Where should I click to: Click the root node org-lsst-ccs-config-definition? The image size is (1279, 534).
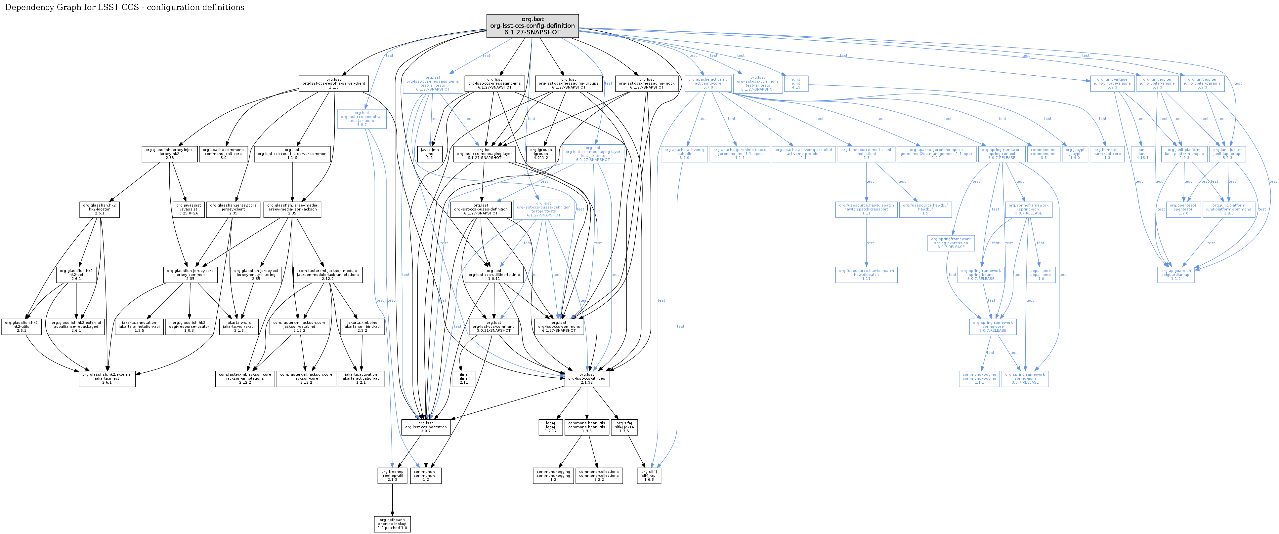point(532,26)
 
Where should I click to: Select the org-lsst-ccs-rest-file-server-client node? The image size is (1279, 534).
point(334,83)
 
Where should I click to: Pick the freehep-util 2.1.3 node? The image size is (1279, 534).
point(392,476)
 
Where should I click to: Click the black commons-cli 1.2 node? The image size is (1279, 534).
point(425,476)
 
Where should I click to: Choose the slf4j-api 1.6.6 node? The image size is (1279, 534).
point(649,476)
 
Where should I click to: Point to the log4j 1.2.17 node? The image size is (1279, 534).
point(551,427)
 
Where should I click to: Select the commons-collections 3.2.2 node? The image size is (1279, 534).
point(599,476)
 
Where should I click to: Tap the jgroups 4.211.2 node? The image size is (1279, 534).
point(541,154)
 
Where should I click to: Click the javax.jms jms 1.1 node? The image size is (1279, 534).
point(430,154)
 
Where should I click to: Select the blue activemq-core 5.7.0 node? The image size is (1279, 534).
point(707,83)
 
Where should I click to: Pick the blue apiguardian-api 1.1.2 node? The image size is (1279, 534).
point(1176,275)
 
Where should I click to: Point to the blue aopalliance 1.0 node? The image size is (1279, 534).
point(1041,275)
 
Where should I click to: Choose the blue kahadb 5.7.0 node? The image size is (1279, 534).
point(684,154)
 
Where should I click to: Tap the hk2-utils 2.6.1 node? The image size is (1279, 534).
point(21,326)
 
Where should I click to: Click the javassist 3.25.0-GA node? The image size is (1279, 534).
point(189,210)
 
